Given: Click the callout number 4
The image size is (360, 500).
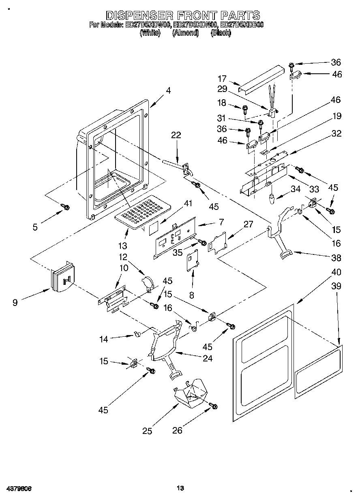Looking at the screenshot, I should click(x=168, y=91).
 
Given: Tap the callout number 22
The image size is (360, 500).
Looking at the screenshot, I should click(x=176, y=135).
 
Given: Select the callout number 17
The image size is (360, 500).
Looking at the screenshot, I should click(x=222, y=79).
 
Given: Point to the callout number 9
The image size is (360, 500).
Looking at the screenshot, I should click(x=15, y=302).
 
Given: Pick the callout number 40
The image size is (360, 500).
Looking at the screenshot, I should click(x=336, y=272).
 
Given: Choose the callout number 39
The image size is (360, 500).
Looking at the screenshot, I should click(x=336, y=286).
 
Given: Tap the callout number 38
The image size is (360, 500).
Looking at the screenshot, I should click(x=336, y=258).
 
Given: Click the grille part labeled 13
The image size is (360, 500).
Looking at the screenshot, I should click(x=140, y=211).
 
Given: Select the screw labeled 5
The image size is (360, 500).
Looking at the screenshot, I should click(x=65, y=207).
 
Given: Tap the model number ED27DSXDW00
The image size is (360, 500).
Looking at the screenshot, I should click(x=148, y=25).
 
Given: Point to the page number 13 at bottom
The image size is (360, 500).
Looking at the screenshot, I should click(x=181, y=488).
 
